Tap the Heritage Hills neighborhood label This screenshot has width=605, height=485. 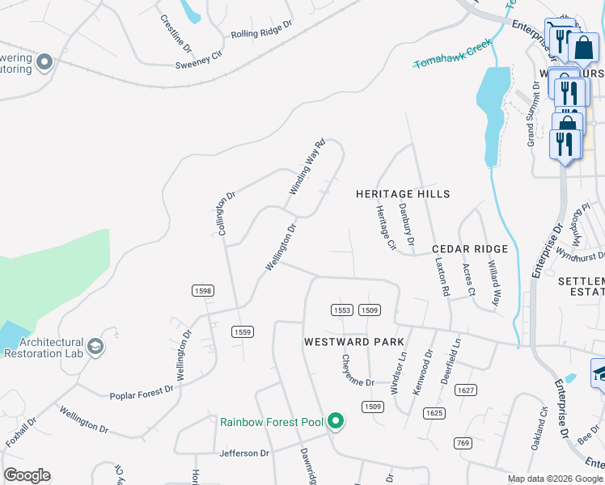coord(404,194)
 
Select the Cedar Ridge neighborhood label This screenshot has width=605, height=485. coord(470,249)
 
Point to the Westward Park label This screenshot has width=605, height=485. coord(354,342)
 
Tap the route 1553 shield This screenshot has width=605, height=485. coord(342,310)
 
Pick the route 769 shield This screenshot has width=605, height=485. coord(463,443)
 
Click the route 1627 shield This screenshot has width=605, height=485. coord(465,390)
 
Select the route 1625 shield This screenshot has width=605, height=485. coord(434,413)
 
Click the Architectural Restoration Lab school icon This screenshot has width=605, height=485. coord(96,347)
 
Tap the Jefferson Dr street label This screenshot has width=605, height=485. coord(243,453)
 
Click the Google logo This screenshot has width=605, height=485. coord(27,475)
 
